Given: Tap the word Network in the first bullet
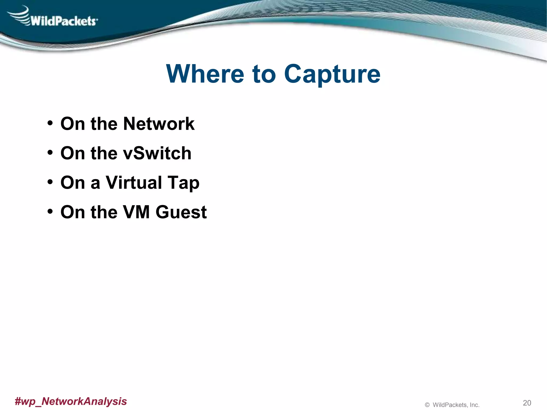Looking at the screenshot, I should coord(159,124).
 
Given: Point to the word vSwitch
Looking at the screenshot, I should coord(157,153).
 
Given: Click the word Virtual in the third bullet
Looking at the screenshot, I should coord(134,183).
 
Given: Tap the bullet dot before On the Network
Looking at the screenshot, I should coord(50,123).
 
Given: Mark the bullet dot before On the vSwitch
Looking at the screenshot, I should coord(50,152).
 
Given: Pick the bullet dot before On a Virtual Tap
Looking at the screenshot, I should coord(50,182).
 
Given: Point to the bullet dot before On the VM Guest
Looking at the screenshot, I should coord(50,211).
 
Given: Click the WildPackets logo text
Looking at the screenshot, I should coord(64,21).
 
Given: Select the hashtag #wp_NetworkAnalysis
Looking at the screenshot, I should coord(71,401).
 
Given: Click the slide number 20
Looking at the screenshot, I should coord(527,403).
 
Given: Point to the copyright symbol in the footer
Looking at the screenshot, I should coord(427,405).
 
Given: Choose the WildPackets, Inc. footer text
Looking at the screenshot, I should coord(456,405).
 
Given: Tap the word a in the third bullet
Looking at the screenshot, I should coord(95,184).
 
